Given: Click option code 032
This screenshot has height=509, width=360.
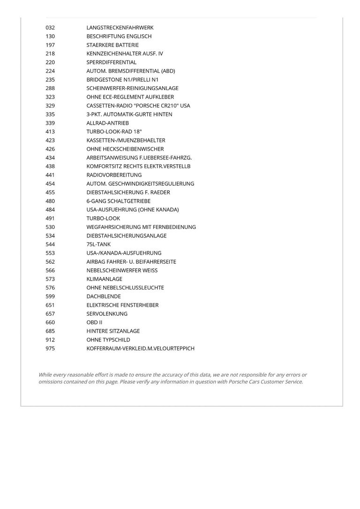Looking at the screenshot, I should tap(50, 28).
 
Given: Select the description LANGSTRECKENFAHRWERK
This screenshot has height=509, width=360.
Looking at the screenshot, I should tap(120, 28).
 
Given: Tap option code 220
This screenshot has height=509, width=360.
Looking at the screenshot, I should tap(50, 62).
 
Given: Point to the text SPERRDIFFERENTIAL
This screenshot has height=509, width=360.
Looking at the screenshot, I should tap(112, 62).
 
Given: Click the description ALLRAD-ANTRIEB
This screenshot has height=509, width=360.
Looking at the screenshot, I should tap(108, 123).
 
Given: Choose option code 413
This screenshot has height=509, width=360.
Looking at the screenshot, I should tap(50, 132).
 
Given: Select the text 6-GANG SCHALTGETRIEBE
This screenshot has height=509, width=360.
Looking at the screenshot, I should tap(119, 201).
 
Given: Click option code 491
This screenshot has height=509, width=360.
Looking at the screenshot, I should tap(50, 218).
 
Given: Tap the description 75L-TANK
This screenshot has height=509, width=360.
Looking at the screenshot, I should tap(98, 244).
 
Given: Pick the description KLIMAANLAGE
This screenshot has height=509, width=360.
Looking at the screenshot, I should tap(105, 279).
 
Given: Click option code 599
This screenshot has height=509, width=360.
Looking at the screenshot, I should tap(50, 296).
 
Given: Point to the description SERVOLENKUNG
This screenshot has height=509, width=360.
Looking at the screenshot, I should tap(107, 314).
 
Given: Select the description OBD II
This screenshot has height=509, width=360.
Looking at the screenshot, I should tap(94, 322).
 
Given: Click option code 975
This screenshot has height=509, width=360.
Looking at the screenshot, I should tap(50, 349).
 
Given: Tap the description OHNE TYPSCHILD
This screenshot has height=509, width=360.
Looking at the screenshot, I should tap(108, 340).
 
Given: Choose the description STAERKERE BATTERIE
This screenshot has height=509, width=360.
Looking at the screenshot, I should tap(112, 45).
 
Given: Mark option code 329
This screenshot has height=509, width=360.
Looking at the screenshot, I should tap(50, 106).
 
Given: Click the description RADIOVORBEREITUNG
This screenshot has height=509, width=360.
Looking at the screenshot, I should tap(114, 175).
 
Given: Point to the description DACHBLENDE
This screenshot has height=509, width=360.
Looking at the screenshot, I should tap(104, 296).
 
